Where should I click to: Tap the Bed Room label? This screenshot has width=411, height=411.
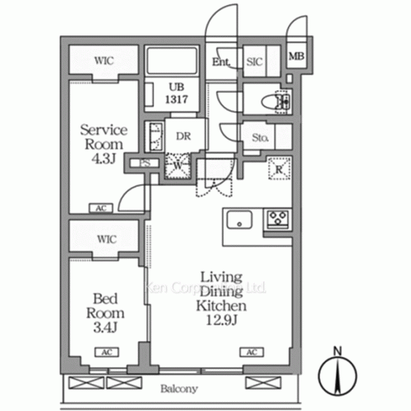[106, 313]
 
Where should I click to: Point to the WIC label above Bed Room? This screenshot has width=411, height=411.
[104, 238]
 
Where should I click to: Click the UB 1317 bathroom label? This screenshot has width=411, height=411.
[178, 91]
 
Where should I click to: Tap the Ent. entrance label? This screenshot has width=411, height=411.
[221, 61]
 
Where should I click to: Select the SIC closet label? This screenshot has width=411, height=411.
[255, 61]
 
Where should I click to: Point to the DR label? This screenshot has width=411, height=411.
[182, 137]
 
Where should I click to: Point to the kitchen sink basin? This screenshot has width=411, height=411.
[240, 220]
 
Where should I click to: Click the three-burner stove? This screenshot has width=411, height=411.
[277, 219]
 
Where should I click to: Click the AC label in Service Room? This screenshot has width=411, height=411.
[101, 209]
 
